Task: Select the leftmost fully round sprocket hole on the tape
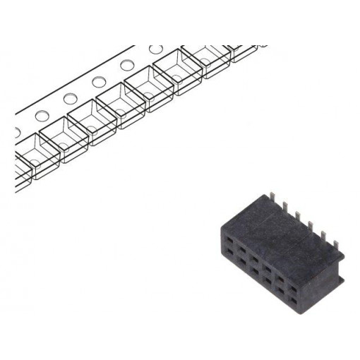point(41,115)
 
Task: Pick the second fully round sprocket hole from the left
point(70,99)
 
